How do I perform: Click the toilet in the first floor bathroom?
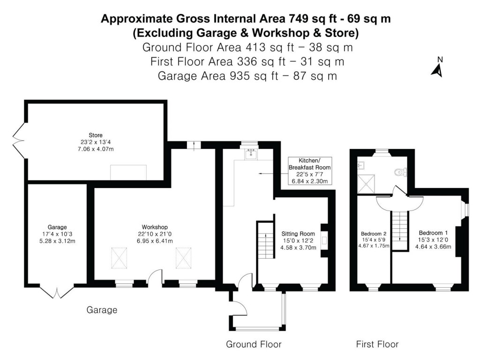[401, 172]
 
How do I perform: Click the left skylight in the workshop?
[120, 258]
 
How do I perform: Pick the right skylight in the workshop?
[184, 258]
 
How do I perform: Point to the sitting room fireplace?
[324, 241]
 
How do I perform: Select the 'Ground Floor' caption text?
[254, 345]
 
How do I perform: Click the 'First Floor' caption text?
[377, 345]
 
